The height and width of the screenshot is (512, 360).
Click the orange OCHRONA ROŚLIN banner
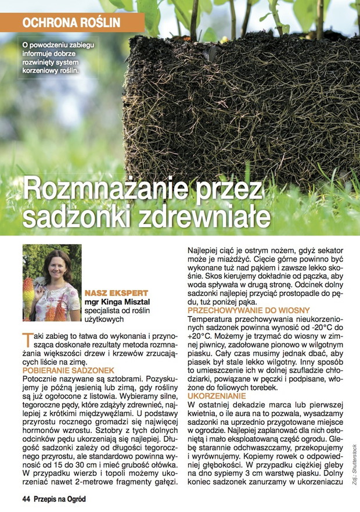point(71,23)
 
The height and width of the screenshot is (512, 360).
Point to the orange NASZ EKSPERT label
point(116,293)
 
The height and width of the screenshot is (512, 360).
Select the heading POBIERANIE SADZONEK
point(69,370)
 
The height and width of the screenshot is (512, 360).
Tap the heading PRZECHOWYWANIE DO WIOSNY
point(249,311)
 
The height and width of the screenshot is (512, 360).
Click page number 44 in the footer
point(27,499)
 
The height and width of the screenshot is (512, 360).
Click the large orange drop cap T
point(26,340)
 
